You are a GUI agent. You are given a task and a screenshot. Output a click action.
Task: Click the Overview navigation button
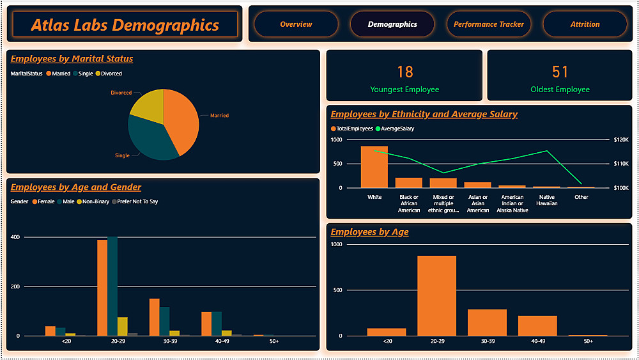(296, 24)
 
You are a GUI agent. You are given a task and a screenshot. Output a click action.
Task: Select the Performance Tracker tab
(488, 24)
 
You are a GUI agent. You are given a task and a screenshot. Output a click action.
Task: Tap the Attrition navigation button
(585, 24)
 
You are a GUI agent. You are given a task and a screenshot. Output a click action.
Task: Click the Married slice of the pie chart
(182, 118)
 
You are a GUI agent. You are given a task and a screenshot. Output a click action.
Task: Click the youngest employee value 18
(404, 72)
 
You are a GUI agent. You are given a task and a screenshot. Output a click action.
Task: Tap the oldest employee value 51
(560, 72)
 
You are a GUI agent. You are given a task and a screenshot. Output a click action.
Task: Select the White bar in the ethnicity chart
(374, 166)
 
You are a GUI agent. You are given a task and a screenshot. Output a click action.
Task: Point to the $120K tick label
(620, 139)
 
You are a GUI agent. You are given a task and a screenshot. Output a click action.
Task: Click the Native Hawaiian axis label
(547, 200)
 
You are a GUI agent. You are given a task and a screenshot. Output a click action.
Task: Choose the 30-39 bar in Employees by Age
(487, 322)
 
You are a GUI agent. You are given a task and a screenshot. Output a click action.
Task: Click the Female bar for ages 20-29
(102, 288)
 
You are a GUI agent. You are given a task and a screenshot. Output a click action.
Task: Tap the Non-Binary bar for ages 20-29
(122, 326)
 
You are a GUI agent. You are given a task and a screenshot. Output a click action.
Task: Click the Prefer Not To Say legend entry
(137, 201)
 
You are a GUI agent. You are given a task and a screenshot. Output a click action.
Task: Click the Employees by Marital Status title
(72, 59)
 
